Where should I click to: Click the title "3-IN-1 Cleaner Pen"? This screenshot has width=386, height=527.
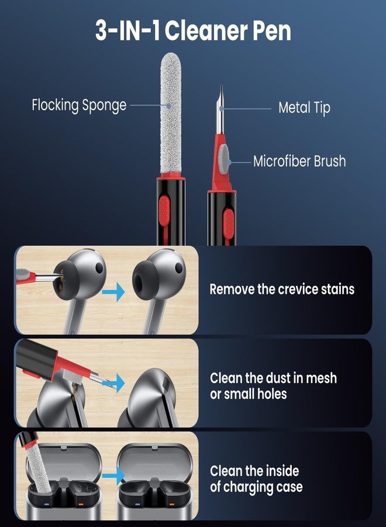click(193, 30)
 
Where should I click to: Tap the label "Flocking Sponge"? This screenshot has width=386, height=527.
click(79, 105)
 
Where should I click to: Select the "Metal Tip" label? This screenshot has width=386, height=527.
click(305, 108)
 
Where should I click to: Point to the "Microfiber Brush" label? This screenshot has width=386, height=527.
click(299, 161)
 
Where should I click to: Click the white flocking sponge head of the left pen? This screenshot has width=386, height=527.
click(171, 112)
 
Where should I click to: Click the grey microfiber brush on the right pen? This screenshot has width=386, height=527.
click(224, 159)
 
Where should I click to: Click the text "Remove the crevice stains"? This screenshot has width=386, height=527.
click(282, 289)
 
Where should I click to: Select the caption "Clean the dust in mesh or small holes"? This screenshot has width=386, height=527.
click(273, 386)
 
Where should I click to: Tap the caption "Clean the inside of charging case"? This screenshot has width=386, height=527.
click(256, 479)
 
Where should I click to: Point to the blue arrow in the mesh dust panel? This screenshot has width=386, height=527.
click(114, 382)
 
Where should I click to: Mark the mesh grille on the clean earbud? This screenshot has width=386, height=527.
click(166, 383)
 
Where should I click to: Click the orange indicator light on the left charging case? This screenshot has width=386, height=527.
click(80, 504)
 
